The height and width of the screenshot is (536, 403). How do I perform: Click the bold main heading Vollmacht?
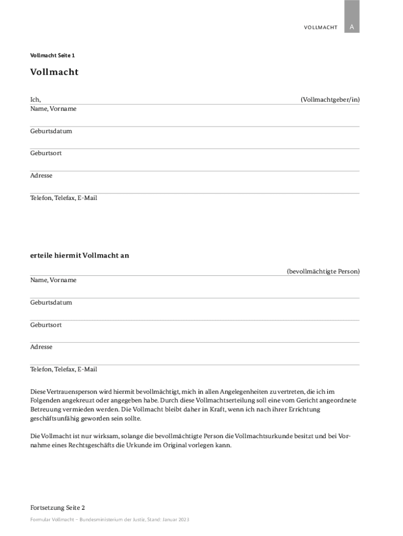(x=54, y=72)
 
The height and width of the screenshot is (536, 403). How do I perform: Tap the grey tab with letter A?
(x=352, y=27)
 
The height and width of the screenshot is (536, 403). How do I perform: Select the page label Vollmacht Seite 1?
(x=52, y=55)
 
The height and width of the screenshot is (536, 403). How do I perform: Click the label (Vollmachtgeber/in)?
(x=330, y=99)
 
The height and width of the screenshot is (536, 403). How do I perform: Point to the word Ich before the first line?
(x=35, y=99)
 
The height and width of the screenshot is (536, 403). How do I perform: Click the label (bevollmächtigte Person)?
(x=323, y=271)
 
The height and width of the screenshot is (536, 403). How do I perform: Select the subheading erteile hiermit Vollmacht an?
(x=80, y=255)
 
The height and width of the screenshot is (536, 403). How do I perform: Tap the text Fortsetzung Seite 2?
(x=58, y=507)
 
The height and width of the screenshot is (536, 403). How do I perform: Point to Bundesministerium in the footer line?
(x=100, y=519)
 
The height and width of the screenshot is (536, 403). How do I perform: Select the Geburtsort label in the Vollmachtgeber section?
(x=46, y=153)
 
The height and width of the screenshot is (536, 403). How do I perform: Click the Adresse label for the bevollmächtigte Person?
(x=41, y=347)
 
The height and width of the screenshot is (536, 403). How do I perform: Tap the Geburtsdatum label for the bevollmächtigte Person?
(x=51, y=302)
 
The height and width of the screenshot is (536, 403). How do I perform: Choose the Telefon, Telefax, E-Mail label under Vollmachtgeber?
(x=63, y=198)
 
